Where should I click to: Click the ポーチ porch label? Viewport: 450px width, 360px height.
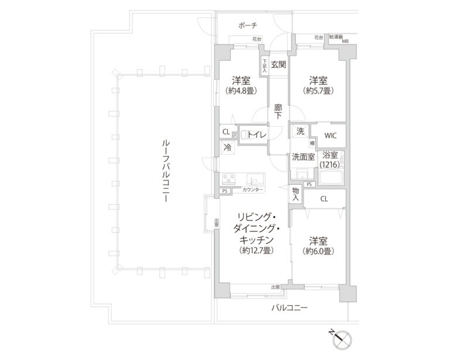tap(248, 26)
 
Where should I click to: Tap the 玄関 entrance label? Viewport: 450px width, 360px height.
tap(278, 64)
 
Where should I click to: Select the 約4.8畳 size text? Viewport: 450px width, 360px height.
tap(241, 91)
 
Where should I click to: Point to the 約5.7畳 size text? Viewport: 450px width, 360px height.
tap(318, 91)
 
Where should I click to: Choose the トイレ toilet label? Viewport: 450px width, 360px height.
tap(257, 134)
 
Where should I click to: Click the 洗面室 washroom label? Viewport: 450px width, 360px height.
tap(303, 157)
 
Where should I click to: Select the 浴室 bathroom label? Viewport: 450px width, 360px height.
tap(330, 155)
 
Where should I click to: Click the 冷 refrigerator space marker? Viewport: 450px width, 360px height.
tap(226, 148)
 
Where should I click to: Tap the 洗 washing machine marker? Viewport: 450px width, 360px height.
tap(300, 131)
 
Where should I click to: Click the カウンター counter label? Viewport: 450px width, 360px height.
tap(253, 191)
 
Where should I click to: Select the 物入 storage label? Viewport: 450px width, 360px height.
tap(296, 195)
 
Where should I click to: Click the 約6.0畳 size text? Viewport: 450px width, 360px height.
tap(318, 250)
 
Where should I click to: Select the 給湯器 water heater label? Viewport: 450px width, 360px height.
tap(337, 37)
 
